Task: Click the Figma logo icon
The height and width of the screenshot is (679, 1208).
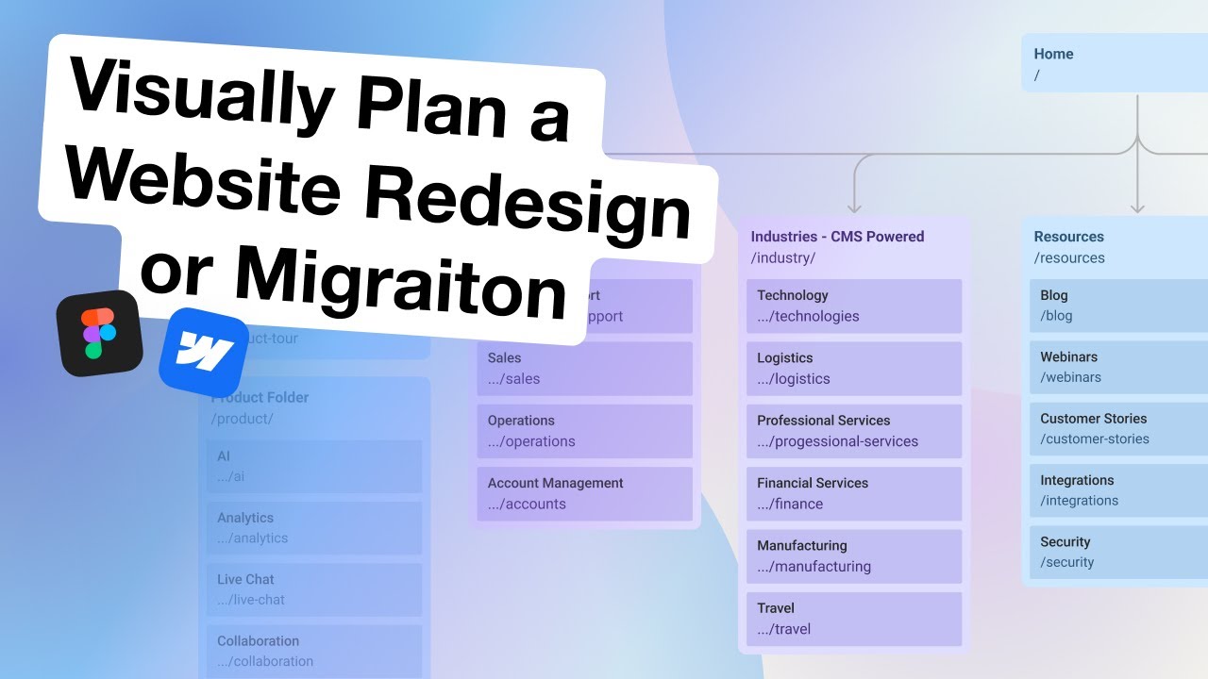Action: coord(99,334)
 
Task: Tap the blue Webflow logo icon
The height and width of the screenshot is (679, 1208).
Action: coord(203,352)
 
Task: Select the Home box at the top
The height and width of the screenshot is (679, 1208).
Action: coord(1114,64)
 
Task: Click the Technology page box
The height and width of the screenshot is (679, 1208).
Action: coord(853,306)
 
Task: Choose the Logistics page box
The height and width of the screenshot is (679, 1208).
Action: coord(853,369)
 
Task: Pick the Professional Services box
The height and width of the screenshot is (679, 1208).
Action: coord(853,431)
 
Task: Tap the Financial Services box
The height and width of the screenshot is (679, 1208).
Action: coord(853,493)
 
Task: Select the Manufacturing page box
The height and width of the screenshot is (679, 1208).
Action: coord(853,556)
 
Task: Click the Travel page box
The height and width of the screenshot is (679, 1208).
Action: coord(853,619)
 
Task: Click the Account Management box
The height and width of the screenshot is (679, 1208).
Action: coord(584,493)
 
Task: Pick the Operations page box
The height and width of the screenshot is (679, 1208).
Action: coord(584,431)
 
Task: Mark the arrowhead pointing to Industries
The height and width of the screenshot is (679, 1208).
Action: coord(854,206)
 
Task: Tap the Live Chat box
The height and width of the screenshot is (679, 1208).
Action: coord(313,589)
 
